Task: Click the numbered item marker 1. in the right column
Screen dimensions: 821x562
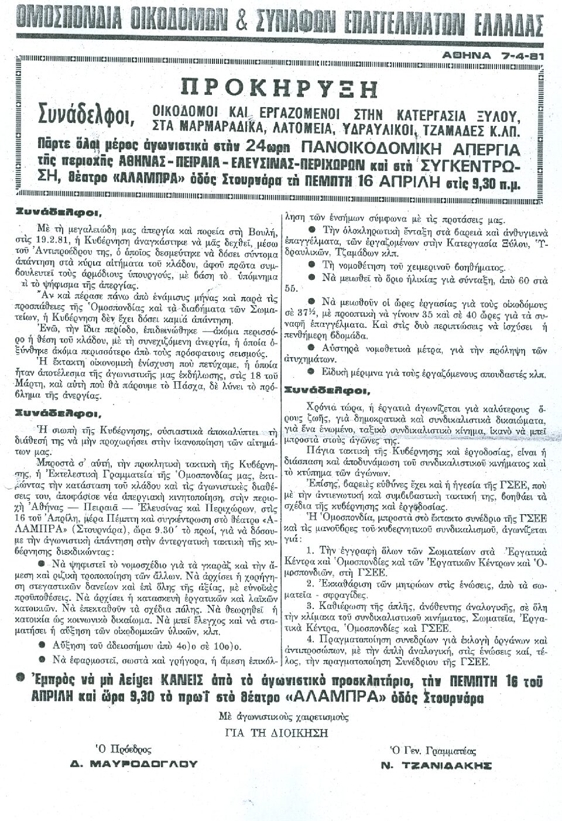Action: pyautogui.click(x=311, y=551)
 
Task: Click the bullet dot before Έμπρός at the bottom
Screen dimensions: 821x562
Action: pyautogui.click(x=21, y=678)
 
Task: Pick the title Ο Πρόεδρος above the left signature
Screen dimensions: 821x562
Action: pyautogui.click(x=124, y=750)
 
